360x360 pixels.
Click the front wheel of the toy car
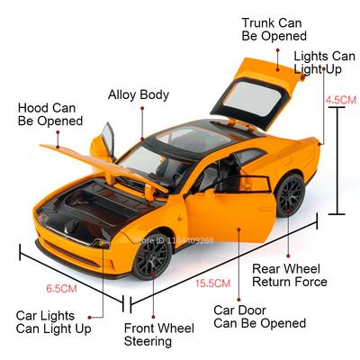pos(152,256)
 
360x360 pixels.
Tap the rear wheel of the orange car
pos(290,195)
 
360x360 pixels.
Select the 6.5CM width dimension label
pos(61,289)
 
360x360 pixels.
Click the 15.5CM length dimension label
pos(213,283)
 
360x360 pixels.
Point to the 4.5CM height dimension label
pos(341,100)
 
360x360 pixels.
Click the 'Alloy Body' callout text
pos(139,94)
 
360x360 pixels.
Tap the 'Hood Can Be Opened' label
pos(50,114)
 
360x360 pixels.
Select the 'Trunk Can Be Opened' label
pos(274,30)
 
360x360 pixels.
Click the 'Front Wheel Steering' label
pos(158,335)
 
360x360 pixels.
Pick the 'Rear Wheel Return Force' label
pos(290,275)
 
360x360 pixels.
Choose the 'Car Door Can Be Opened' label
pos(260,317)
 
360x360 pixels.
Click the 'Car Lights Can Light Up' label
pos(53,322)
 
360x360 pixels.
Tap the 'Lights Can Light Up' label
pos(324,62)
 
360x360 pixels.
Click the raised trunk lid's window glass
pos(253,98)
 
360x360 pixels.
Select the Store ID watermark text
pos(175,240)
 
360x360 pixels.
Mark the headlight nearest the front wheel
pos(102,243)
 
